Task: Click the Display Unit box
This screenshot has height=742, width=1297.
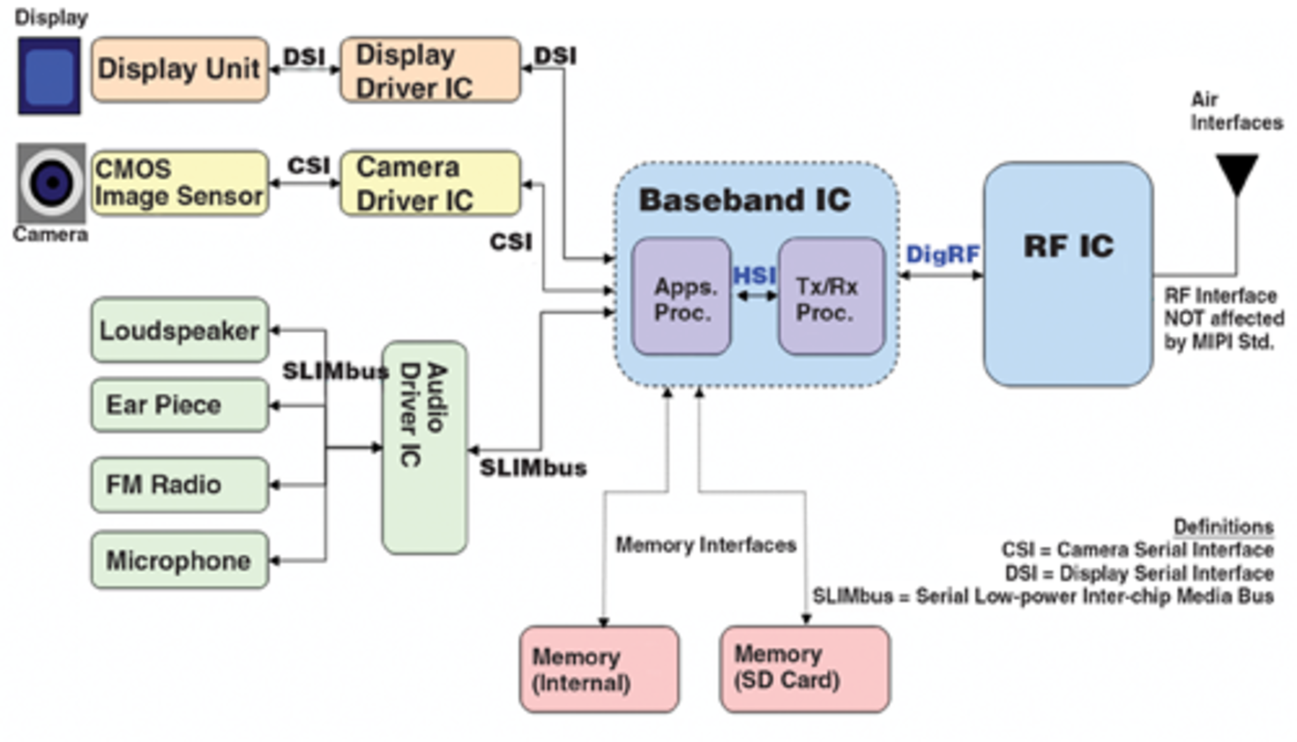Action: pyautogui.click(x=180, y=70)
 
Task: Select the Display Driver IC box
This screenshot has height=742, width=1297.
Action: pyautogui.click(x=430, y=70)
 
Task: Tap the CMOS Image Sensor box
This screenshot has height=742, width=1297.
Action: pyautogui.click(x=180, y=183)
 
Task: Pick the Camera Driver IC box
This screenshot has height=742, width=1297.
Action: pyautogui.click(x=430, y=183)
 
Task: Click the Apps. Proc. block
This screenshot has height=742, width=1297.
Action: pyautogui.click(x=682, y=297)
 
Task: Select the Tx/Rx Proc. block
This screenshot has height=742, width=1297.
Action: pyautogui.click(x=831, y=297)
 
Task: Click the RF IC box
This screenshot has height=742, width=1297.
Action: pyautogui.click(x=1068, y=274)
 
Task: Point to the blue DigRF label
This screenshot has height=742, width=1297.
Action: pyautogui.click(x=942, y=255)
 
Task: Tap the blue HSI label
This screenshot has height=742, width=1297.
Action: pyautogui.click(x=755, y=276)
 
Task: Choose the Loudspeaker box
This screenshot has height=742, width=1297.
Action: pyautogui.click(x=180, y=330)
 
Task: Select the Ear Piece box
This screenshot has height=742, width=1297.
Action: pyautogui.click(x=180, y=405)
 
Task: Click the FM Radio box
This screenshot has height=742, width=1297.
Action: pyautogui.click(x=180, y=485)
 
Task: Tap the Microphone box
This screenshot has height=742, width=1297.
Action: pyautogui.click(x=180, y=560)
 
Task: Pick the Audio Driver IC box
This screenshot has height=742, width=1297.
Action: pyautogui.click(x=424, y=448)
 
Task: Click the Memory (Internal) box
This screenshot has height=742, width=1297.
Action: pyautogui.click(x=599, y=669)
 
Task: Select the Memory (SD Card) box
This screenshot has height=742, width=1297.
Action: pyautogui.click(x=805, y=669)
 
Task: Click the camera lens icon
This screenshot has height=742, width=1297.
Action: pyautogui.click(x=51, y=183)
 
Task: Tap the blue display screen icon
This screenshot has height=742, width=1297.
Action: pyautogui.click(x=49, y=76)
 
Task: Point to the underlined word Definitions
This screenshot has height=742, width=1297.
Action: pyautogui.click(x=1223, y=526)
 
